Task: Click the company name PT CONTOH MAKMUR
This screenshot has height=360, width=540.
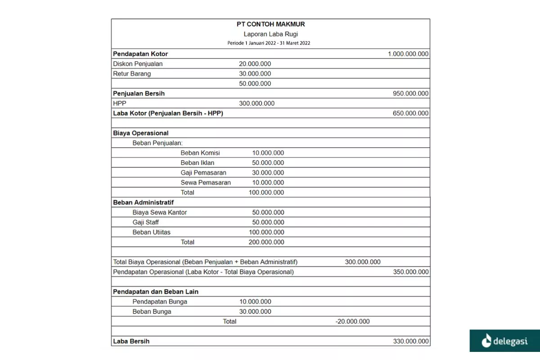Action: pos(270,24)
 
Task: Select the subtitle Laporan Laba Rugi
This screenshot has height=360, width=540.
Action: pos(270,34)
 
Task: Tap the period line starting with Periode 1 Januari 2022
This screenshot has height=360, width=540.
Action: pos(269,43)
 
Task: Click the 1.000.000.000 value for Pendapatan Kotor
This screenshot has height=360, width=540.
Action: pos(408,54)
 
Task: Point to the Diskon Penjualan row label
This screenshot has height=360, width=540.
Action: pos(138,64)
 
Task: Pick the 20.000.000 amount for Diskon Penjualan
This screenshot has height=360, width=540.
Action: pos(255,64)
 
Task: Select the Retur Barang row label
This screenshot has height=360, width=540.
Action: pos(132,74)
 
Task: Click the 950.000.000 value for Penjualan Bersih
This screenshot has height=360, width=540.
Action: pos(410,94)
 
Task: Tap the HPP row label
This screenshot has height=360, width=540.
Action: pos(120,103)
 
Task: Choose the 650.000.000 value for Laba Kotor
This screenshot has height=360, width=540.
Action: pos(410,113)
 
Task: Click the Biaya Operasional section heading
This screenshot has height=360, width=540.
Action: pos(141,133)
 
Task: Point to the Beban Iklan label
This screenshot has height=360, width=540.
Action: pos(198,163)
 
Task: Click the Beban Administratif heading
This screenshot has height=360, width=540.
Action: pos(144,202)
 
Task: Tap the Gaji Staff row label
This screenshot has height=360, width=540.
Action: pos(146,222)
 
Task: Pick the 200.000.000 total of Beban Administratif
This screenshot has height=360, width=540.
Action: pos(266,242)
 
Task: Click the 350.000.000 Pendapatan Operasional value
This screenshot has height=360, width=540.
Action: pos(410,272)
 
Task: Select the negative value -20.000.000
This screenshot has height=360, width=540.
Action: pos(352,322)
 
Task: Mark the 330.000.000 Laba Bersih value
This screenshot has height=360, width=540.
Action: pos(410,342)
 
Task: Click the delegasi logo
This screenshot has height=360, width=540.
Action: pos(504,341)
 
